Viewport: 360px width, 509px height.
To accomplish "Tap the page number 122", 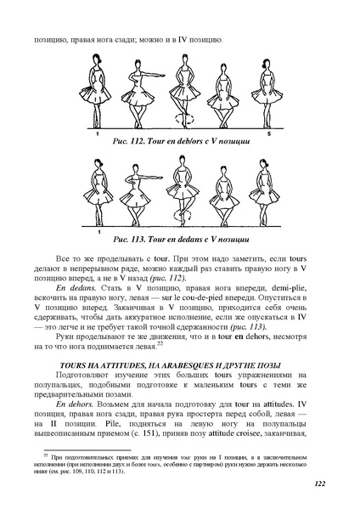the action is (338, 484).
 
